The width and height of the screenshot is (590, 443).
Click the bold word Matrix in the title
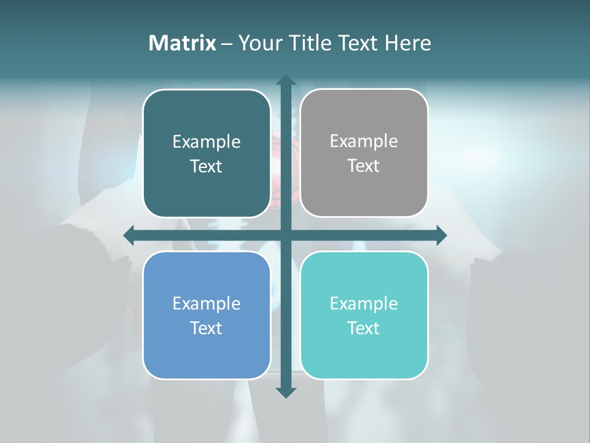[x=182, y=43]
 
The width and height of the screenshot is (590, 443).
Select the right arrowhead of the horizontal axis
[x=441, y=235]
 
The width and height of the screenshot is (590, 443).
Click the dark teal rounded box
[x=206, y=153]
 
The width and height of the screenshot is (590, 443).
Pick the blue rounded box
[x=206, y=315]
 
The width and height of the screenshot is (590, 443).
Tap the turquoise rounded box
[x=364, y=315]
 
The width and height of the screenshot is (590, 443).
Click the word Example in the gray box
[x=364, y=141]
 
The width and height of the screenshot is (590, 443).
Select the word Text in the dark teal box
[x=206, y=166]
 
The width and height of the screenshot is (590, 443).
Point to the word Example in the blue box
[x=206, y=303]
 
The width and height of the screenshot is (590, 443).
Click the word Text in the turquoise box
[x=364, y=328]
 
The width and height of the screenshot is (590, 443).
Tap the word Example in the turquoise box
[x=364, y=303]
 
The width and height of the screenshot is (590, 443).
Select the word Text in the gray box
[x=364, y=166]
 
